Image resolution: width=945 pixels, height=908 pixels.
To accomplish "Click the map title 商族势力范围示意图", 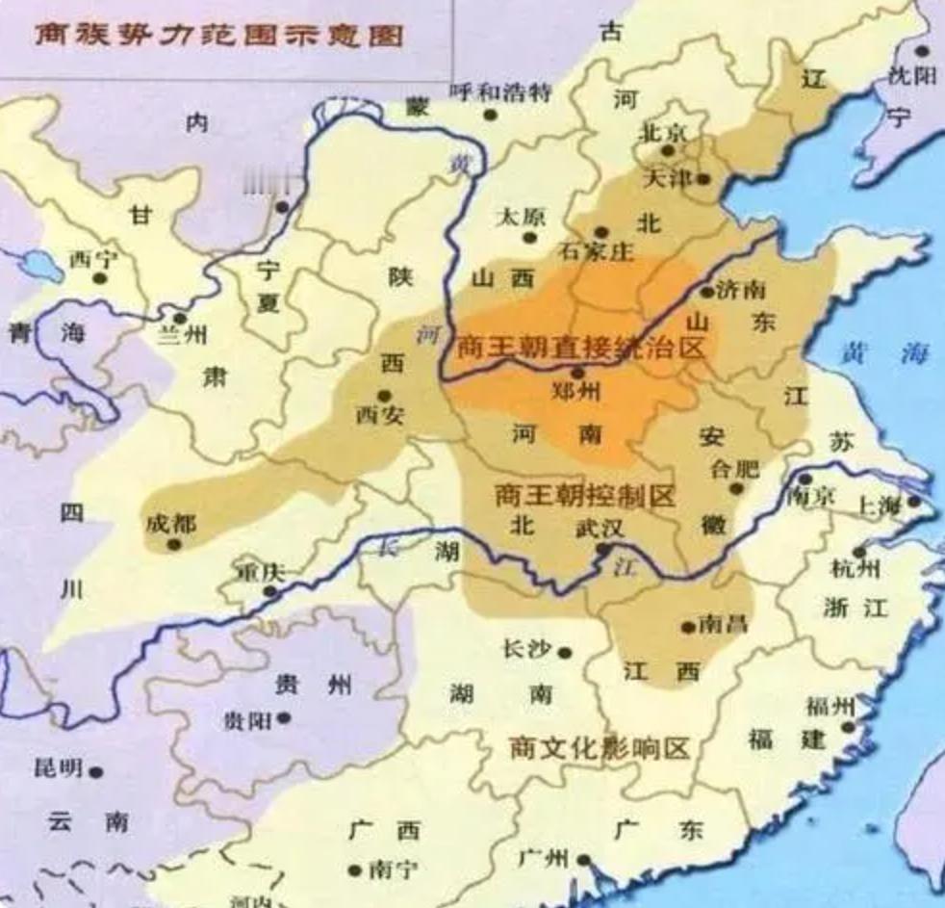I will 219,35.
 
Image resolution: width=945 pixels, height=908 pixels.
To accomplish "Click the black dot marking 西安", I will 384,396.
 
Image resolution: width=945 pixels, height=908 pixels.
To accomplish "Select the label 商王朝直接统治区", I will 581,348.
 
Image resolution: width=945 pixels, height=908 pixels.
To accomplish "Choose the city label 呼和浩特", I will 500,93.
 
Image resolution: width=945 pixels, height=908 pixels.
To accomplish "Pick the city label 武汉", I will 600,529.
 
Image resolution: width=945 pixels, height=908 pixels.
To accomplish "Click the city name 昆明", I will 58,768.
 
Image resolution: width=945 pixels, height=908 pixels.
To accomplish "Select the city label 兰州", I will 181,337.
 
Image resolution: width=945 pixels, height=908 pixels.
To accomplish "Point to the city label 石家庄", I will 597,252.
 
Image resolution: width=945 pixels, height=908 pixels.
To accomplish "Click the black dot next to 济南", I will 707,291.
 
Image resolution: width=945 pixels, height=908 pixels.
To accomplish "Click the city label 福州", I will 830,708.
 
